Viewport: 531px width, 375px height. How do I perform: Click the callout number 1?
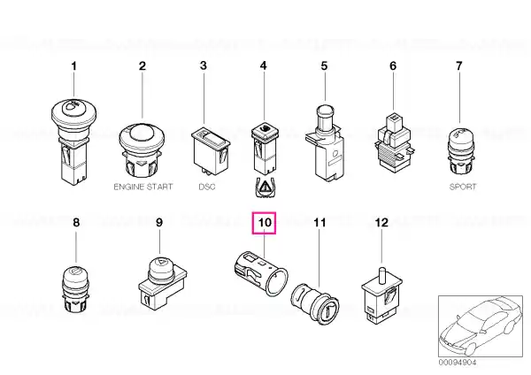pyautogui.click(x=73, y=66)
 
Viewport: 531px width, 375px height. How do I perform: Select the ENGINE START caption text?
pyautogui.click(x=142, y=187)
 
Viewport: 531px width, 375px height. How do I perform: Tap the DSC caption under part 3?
pyautogui.click(x=206, y=187)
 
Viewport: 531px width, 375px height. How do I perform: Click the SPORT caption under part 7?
pyautogui.click(x=463, y=187)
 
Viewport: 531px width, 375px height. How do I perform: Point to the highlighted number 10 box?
pyautogui.click(x=264, y=223)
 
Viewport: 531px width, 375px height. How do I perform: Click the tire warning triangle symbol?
pyautogui.click(x=265, y=187)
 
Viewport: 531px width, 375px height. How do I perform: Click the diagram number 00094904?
pyautogui.click(x=458, y=363)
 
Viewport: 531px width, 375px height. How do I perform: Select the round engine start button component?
pyautogui.click(x=142, y=150)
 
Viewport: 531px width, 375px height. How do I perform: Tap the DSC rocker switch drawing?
pyautogui.click(x=211, y=151)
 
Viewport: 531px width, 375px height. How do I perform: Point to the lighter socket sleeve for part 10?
pyautogui.click(x=261, y=272)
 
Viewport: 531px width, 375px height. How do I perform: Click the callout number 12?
pyautogui.click(x=381, y=223)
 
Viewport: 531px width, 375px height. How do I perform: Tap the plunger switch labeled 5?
pyautogui.click(x=325, y=143)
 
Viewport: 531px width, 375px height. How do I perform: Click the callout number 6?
pyautogui.click(x=393, y=66)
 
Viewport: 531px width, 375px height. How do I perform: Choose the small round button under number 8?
pyautogui.click(x=76, y=288)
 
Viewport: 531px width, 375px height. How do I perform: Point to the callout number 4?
pyautogui.click(x=264, y=66)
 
